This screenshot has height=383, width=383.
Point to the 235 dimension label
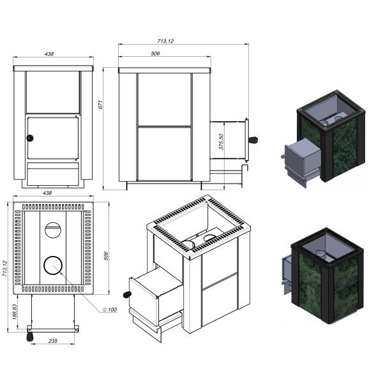click(53, 342)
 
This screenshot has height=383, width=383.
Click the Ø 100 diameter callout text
click(110, 310)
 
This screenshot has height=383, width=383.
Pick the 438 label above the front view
click(49, 53)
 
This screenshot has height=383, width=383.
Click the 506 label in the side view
click(155, 54)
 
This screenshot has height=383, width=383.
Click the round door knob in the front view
click(29, 138)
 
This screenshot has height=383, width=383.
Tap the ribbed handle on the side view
click(253, 139)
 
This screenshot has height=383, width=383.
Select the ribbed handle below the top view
click(29, 334)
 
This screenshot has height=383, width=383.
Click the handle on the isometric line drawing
click(127, 294)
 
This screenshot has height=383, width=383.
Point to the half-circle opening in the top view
click(53, 228)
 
